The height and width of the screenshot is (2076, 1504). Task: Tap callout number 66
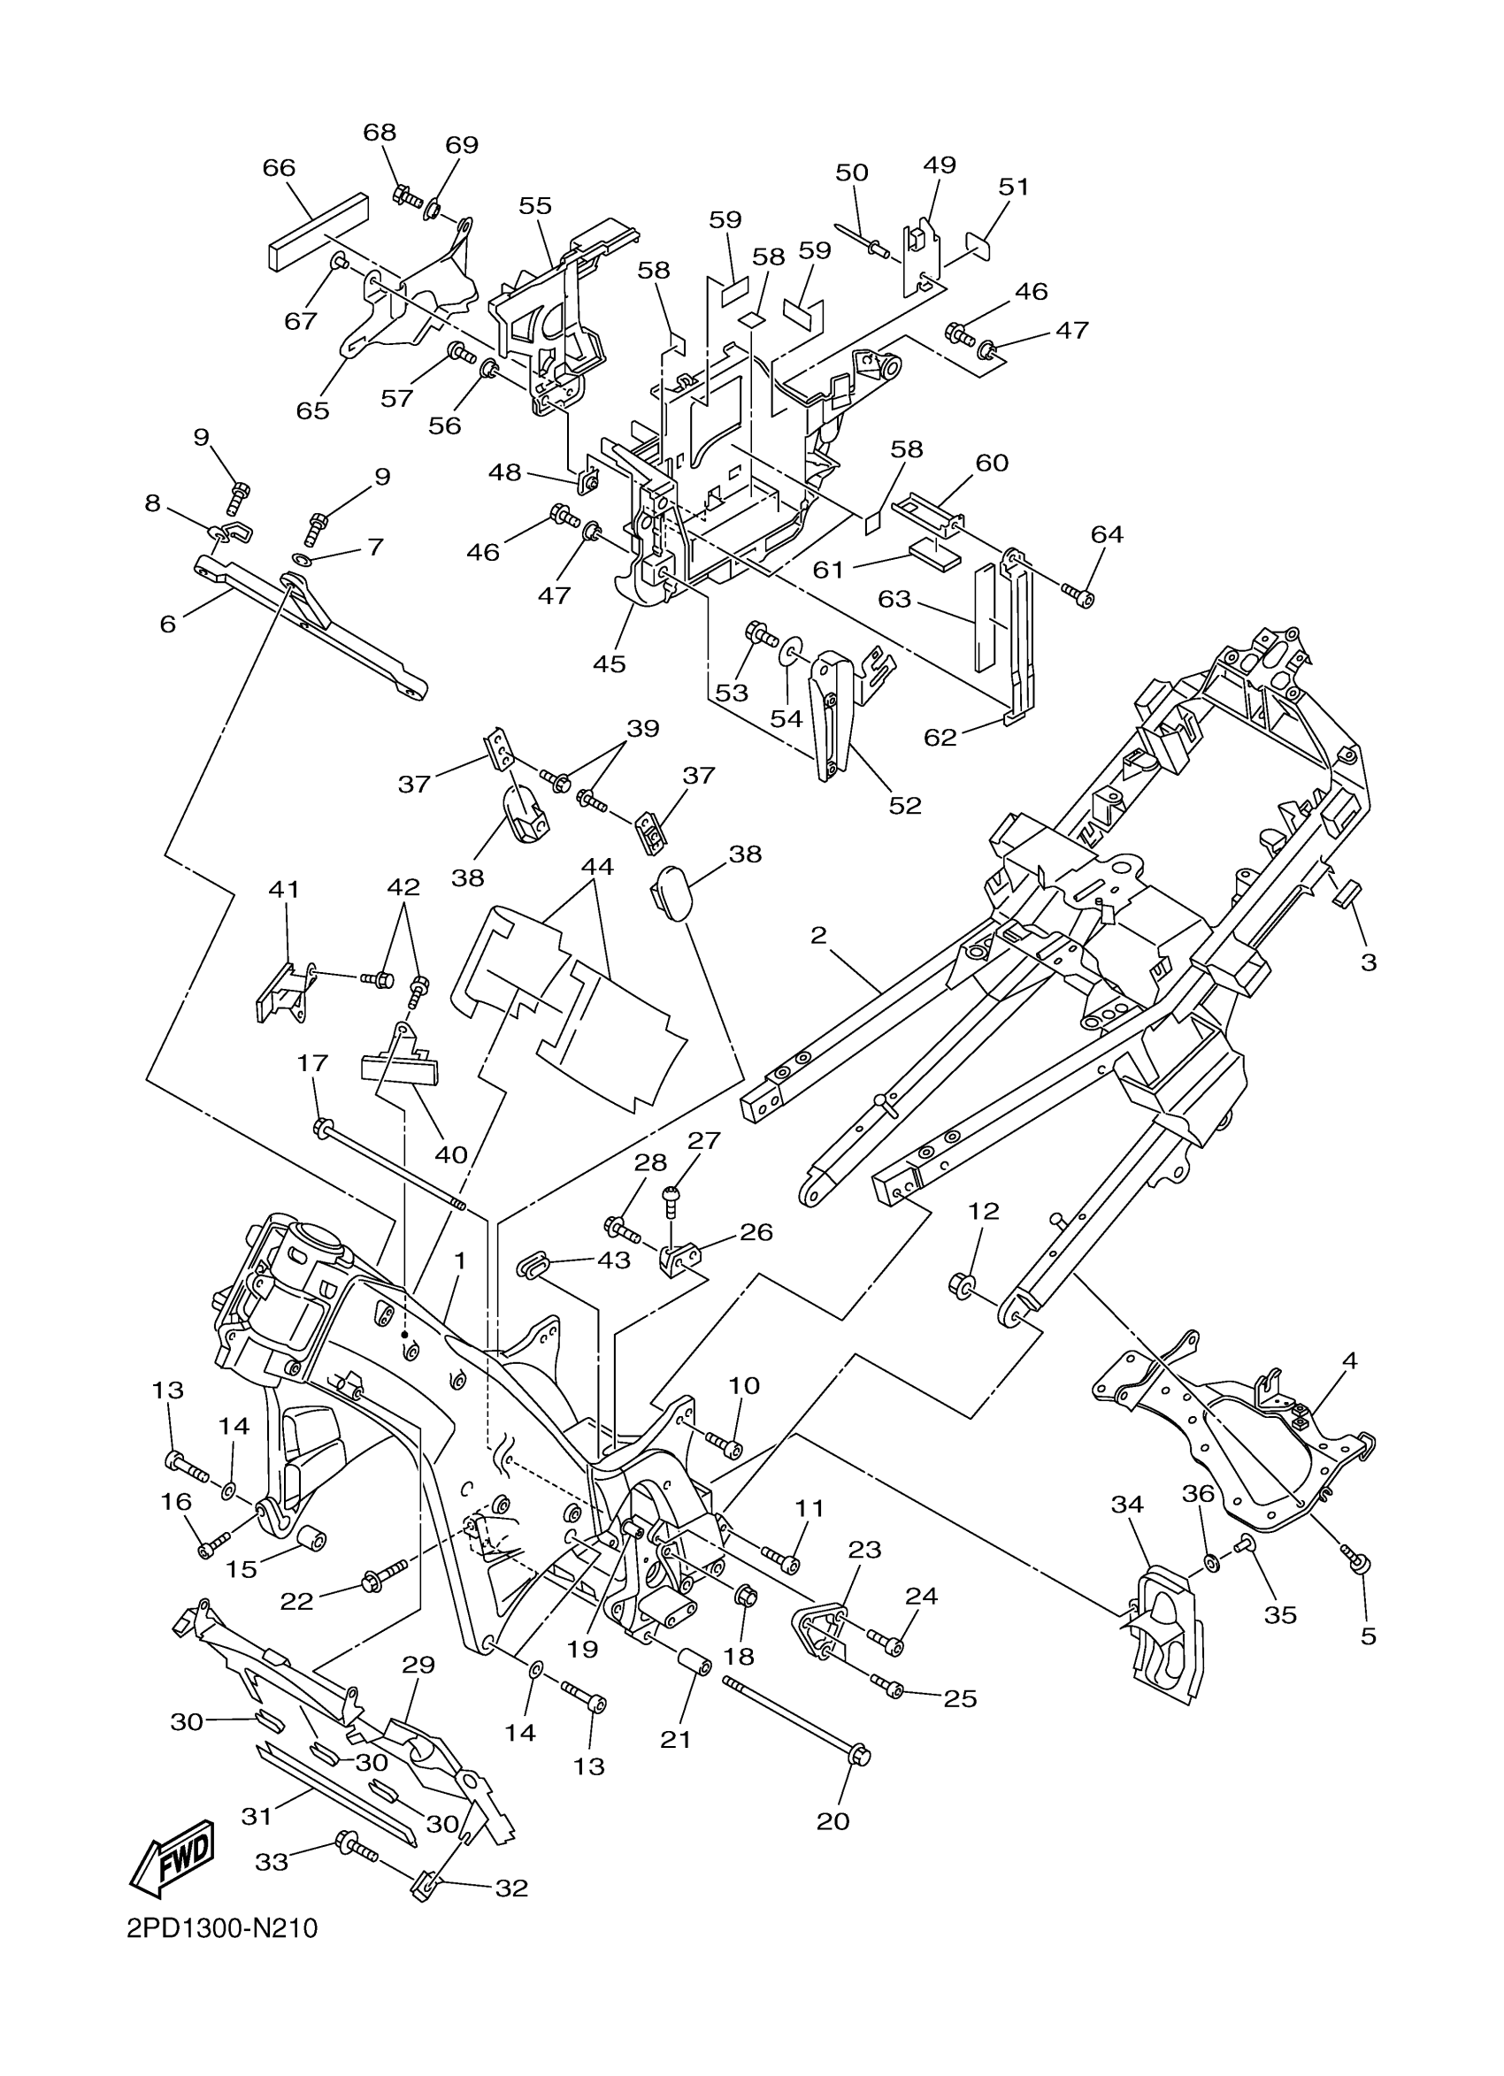click(x=280, y=167)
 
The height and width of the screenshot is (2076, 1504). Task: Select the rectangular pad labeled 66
click(x=318, y=233)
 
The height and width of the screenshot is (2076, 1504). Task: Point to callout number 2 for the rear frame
click(x=818, y=936)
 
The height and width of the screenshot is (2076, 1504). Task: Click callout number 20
click(x=833, y=1821)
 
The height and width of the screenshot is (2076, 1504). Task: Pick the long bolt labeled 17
click(x=390, y=1166)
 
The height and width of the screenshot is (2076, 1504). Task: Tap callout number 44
click(x=597, y=865)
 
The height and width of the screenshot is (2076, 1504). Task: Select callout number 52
click(x=904, y=806)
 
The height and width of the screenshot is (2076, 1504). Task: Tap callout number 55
click(x=535, y=205)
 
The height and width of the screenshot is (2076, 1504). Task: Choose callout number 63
click(x=894, y=599)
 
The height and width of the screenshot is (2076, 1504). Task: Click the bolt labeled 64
click(x=1081, y=596)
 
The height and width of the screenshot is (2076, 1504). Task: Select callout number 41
click(x=285, y=889)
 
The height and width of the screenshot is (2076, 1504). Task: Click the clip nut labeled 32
click(x=422, y=1884)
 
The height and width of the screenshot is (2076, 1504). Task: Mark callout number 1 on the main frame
click(x=459, y=1260)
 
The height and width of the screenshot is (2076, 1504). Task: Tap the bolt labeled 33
click(x=358, y=1846)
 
